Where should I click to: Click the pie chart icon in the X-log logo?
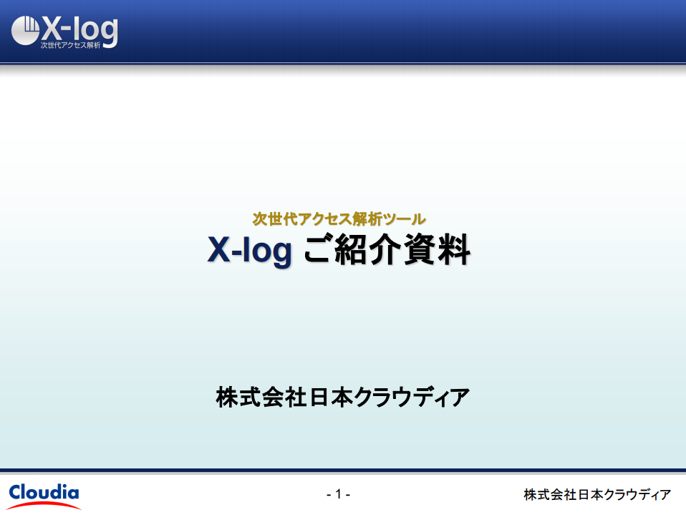pyautogui.click(x=25, y=31)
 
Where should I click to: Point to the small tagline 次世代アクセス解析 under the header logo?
pyautogui.click(x=70, y=45)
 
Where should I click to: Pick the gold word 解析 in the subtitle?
pyautogui.click(x=367, y=218)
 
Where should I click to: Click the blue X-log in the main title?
pyautogui.click(x=249, y=250)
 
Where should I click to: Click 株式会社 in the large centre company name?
pyautogui.click(x=261, y=397)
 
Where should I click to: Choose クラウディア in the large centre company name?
pyautogui.click(x=411, y=397)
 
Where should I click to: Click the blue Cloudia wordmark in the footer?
pyautogui.click(x=44, y=493)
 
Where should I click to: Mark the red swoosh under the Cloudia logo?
pyautogui.click(x=44, y=505)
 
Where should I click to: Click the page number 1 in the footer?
pyautogui.click(x=338, y=494)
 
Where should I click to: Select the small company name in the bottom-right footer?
pyautogui.click(x=597, y=494)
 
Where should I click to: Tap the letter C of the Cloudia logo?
pyautogui.click(x=16, y=493)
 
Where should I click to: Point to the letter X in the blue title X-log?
pyautogui.click(x=218, y=249)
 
